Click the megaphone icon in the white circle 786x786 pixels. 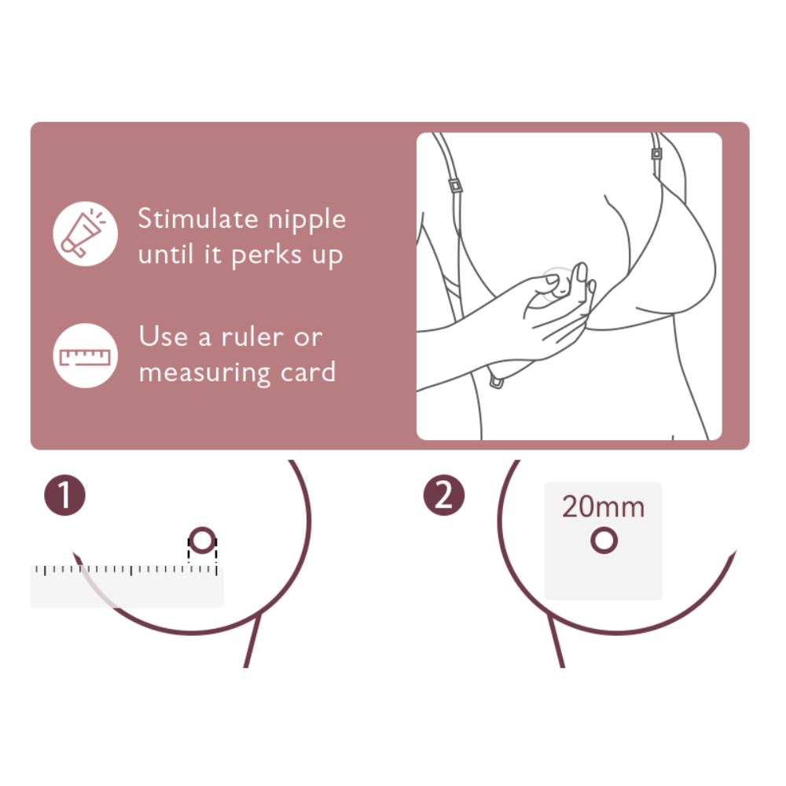click(x=83, y=233)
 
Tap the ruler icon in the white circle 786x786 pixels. click(x=85, y=356)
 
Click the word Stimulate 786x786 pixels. click(x=198, y=219)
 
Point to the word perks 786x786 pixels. click(x=266, y=255)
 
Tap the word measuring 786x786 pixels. click(x=204, y=373)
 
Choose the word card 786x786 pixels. click(x=308, y=372)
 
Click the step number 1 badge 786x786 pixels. click(x=64, y=495)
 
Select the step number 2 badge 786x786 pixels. click(x=443, y=495)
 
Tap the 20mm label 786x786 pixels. click(x=603, y=507)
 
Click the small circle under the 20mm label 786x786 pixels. click(x=604, y=541)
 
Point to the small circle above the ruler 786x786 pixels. click(x=203, y=541)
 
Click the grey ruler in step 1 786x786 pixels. click(x=127, y=586)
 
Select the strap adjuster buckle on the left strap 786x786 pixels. click(x=455, y=186)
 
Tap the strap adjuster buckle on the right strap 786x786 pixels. click(x=656, y=153)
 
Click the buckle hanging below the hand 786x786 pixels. click(x=496, y=383)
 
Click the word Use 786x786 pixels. click(x=163, y=336)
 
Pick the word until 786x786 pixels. click(x=165, y=254)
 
